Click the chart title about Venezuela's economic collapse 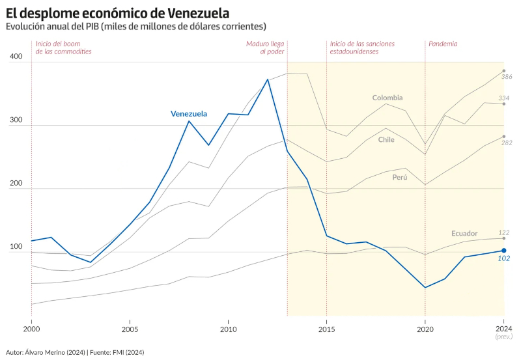click(117, 12)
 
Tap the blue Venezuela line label click(189, 114)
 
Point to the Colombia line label click(387, 98)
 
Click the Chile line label click(386, 139)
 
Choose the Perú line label click(400, 177)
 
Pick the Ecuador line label click(464, 233)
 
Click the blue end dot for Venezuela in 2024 click(504, 251)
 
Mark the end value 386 click(507, 77)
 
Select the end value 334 click(504, 98)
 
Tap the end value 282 click(507, 143)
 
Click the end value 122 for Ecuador click(504, 232)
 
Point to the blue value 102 click(504, 258)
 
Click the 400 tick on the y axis click(16, 57)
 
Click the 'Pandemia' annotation click(443, 44)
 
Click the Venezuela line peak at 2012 click(268, 79)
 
